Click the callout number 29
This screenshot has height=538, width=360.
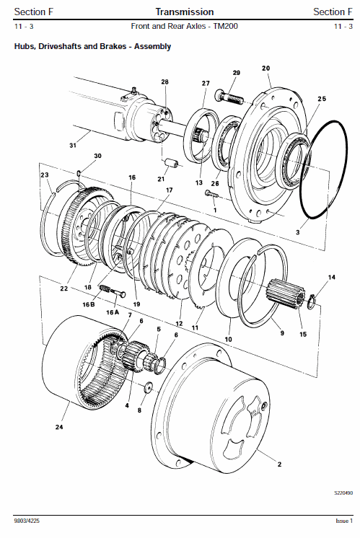coord(237,73)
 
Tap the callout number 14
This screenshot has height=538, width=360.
coord(332,277)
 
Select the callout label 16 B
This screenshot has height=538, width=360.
coord(88,304)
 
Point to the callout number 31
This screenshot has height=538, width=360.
coord(73,146)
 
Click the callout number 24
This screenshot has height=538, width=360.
coord(59,427)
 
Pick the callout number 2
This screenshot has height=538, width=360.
coord(279,464)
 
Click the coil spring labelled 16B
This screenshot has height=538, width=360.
coord(105,289)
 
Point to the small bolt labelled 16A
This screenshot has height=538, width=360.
coord(118,294)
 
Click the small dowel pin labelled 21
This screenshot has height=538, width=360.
coord(171,164)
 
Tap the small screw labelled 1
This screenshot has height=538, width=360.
coord(211,194)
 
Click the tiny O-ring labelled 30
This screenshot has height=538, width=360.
coord(79,173)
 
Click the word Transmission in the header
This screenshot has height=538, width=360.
coord(185,12)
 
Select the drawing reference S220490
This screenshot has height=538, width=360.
coord(343,493)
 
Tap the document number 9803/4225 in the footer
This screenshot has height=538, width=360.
coord(27,521)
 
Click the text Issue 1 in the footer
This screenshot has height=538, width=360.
coord(344,521)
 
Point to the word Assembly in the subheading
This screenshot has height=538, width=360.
coord(152,46)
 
